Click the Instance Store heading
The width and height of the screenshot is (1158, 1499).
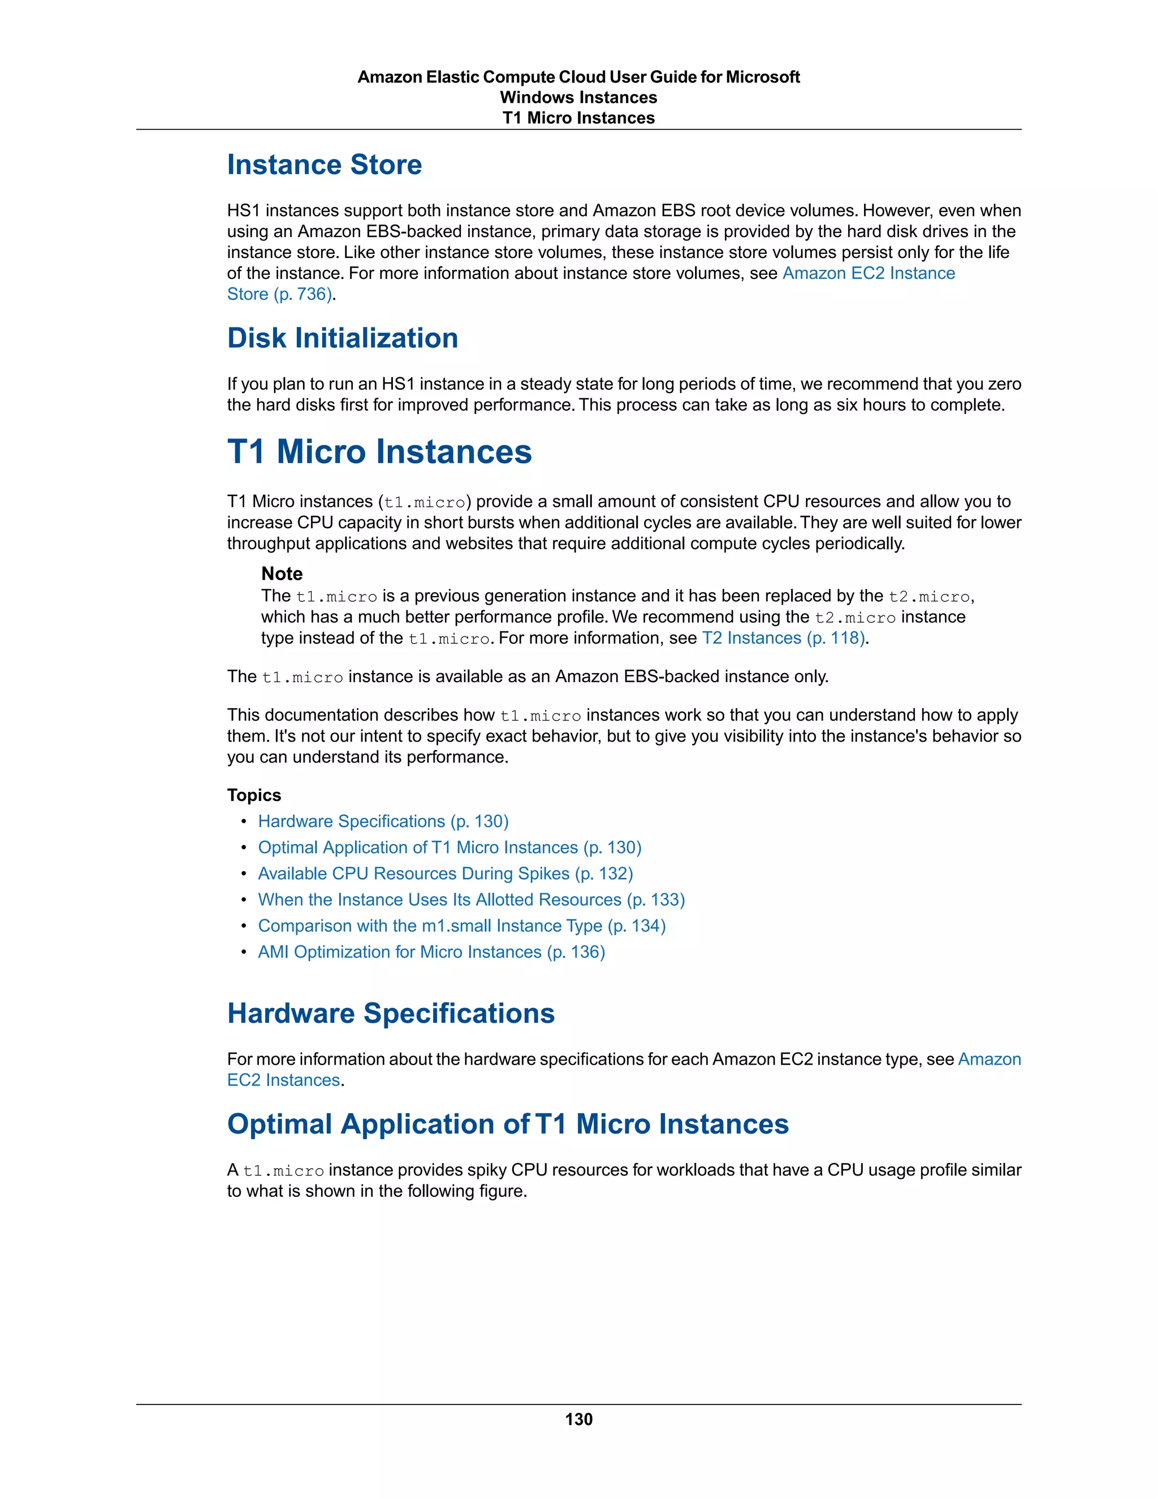(324, 165)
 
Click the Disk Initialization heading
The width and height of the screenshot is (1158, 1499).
(342, 338)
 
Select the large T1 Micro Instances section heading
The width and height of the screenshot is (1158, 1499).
(379, 451)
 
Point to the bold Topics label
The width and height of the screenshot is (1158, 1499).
(254, 795)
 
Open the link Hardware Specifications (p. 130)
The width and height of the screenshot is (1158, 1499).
(383, 821)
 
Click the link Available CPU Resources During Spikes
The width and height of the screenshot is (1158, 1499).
(445, 874)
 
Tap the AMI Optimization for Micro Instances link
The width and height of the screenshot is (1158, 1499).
(431, 952)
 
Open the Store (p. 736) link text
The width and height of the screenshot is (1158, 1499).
(279, 295)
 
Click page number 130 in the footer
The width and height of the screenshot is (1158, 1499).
(578, 1419)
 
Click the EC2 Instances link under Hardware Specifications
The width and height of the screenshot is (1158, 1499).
(283, 1080)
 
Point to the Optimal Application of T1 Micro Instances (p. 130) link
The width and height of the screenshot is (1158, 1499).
(450, 848)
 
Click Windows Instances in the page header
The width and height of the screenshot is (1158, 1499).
(578, 97)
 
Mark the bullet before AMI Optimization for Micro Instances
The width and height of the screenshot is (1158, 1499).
(244, 952)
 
